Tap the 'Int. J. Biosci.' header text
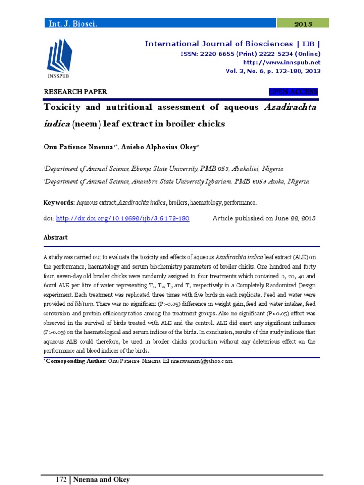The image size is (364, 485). [70, 23]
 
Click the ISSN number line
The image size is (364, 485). [251, 54]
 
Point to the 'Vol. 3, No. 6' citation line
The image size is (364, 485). [273, 71]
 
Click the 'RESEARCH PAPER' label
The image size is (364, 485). [75, 92]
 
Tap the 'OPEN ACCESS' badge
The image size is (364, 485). [293, 92]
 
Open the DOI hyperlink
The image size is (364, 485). [123, 218]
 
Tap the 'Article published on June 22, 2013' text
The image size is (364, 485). [264, 218]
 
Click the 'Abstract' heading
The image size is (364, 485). [55, 237]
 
